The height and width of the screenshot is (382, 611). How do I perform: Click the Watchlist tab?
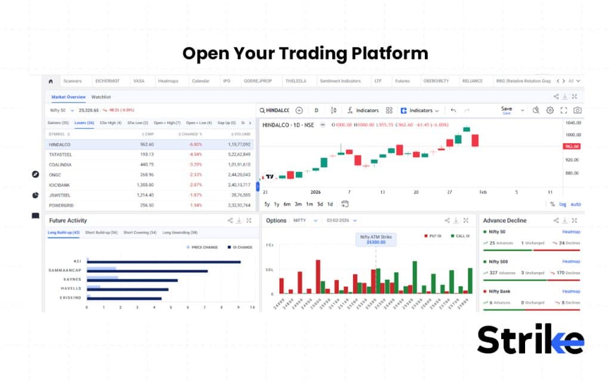point(101,97)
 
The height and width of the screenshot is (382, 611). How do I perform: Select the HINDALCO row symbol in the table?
point(60,144)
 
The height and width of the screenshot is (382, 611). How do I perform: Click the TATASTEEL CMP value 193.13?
point(146,154)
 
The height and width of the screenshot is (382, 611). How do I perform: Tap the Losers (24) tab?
point(84,123)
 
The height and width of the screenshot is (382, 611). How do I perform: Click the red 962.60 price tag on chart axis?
point(571,146)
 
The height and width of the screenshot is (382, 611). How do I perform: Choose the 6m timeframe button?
point(287,204)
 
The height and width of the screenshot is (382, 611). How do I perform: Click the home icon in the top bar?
point(51,81)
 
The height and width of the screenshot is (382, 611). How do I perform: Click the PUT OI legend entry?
point(434,236)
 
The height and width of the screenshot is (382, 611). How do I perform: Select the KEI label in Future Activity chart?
point(78,261)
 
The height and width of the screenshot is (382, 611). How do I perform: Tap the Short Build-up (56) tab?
point(101,232)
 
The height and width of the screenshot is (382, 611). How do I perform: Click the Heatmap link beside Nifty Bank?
point(570,291)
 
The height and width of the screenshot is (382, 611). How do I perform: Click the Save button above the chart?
point(506,110)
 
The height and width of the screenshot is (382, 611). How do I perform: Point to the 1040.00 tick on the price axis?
point(572,123)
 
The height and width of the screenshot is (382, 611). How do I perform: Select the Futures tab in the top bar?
point(402,81)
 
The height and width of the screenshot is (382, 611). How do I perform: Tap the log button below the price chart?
point(562,204)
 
